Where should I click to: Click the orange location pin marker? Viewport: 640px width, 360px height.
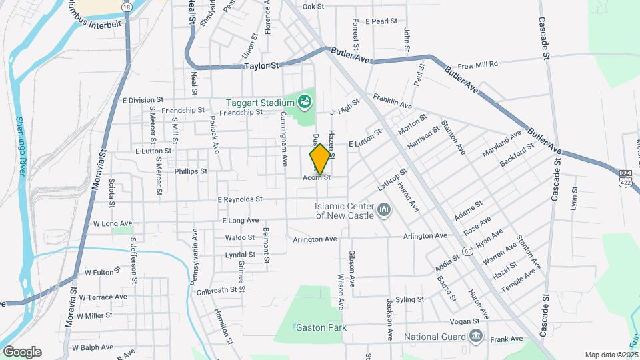[320, 159]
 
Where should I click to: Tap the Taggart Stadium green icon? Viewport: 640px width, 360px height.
[305, 101]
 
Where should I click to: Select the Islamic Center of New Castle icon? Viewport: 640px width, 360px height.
[383, 211]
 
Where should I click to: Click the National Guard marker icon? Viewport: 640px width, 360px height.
[475, 335]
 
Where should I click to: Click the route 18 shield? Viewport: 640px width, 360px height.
[127, 6]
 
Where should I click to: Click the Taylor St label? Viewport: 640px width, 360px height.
[261, 66]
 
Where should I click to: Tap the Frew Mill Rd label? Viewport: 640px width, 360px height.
[478, 65]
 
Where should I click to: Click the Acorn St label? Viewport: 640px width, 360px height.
[317, 177]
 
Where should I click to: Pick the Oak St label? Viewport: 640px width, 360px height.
[313, 7]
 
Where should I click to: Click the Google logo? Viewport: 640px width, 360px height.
[21, 351]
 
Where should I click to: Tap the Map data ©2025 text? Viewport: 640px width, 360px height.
[611, 355]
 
